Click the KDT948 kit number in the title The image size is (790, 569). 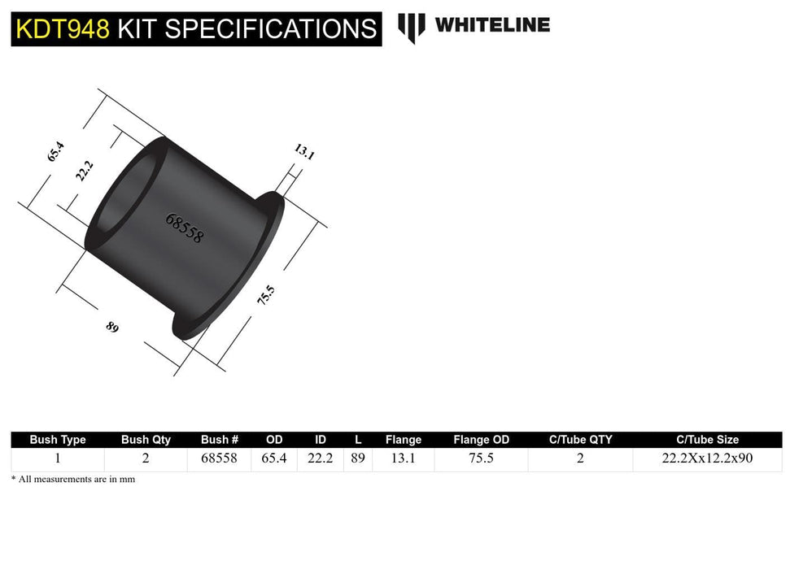pos(61,29)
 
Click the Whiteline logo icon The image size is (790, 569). pos(412,27)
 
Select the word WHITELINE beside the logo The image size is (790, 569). pos(492,25)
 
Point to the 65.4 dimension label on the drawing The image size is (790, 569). pos(55,152)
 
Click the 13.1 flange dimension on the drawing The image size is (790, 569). pos(304,152)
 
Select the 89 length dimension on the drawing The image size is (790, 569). pos(112,327)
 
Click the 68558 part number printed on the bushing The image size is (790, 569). pos(185,229)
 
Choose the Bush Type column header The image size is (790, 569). pos(57,440)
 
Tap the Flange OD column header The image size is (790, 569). pos(481,440)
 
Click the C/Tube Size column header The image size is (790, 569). pos(706,440)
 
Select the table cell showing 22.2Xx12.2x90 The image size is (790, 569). pos(706,458)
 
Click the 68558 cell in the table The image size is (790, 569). pos(219,458)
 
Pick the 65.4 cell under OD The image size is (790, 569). pos(274,458)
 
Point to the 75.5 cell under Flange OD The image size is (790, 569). pos(481,458)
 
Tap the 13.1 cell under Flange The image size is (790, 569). pos(404,458)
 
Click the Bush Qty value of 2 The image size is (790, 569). pos(146,458)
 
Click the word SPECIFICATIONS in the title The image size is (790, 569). pos(247,29)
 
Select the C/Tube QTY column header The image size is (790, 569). pos(580,440)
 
